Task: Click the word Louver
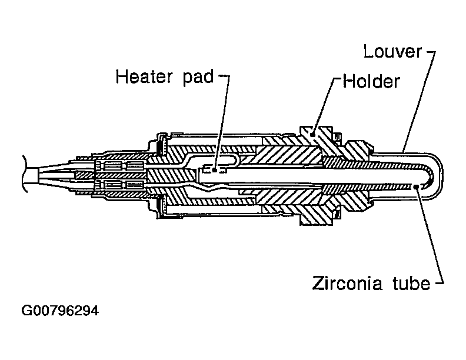[x=392, y=52]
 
